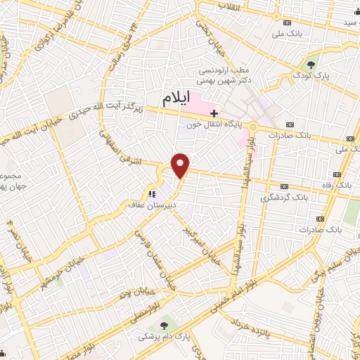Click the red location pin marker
(181, 165)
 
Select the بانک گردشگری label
(279, 198)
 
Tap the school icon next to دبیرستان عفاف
(150, 194)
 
